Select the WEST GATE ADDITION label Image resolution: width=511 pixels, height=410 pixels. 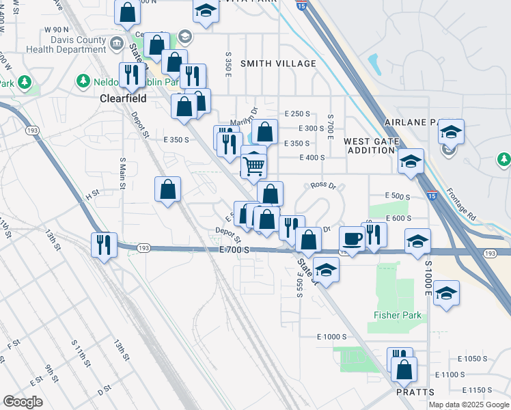370,146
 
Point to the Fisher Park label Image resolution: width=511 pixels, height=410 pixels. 397,315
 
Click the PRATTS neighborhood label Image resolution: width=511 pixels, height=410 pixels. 415,392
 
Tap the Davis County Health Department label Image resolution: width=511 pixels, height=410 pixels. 66,45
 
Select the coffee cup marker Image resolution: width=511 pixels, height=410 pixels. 353,238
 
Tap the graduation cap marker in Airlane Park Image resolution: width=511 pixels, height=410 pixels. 451,131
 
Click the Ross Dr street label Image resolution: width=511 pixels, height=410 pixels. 324,185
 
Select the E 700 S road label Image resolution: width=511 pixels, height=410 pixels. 236,251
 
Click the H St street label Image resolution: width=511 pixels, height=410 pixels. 92,196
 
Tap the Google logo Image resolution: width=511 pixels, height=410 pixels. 23,402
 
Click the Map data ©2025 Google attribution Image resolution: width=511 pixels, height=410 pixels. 469,405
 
